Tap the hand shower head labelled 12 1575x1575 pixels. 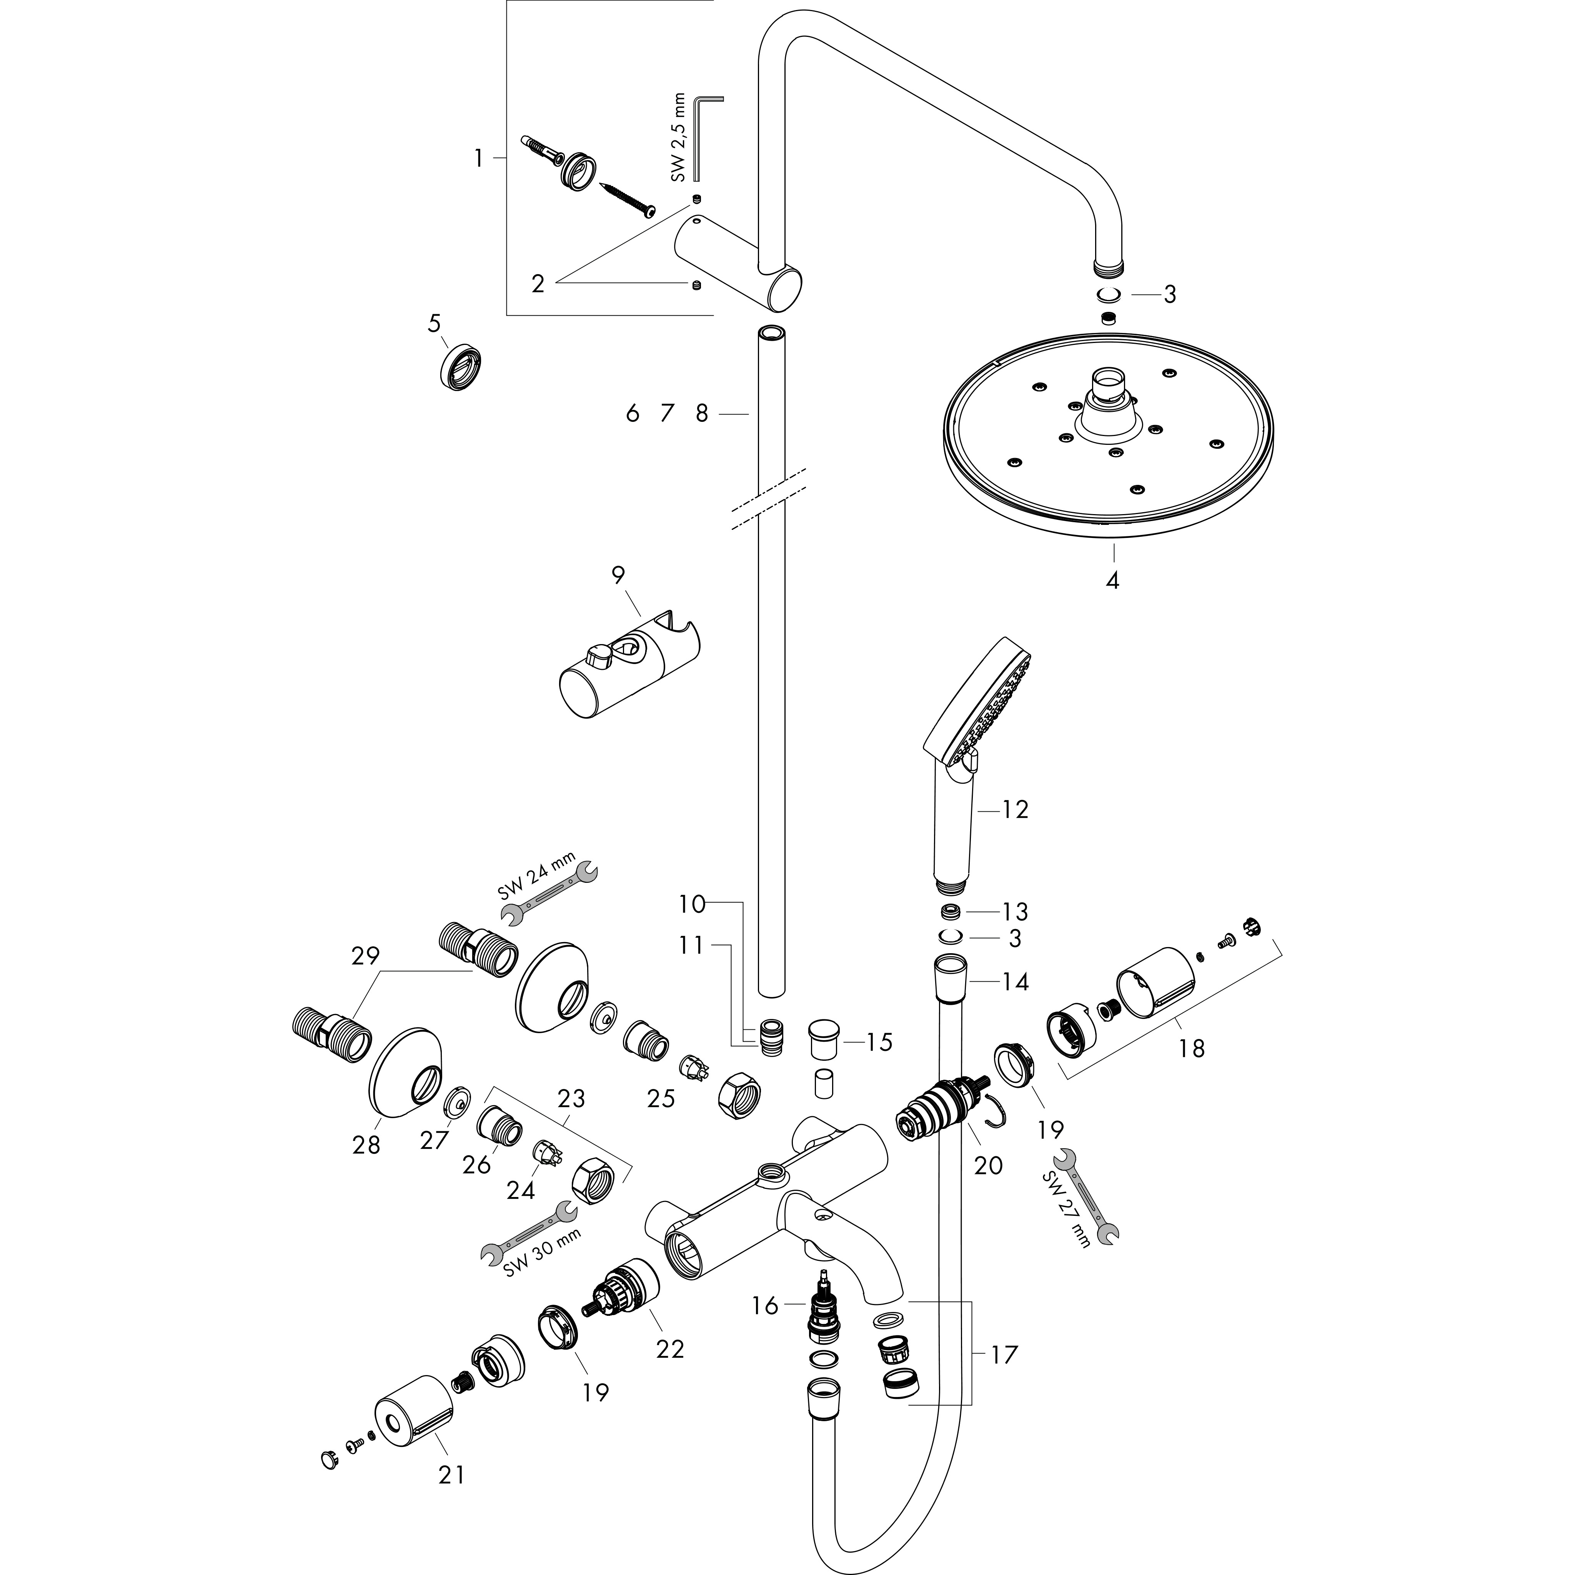tap(978, 718)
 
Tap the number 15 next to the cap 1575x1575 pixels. tap(879, 1042)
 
